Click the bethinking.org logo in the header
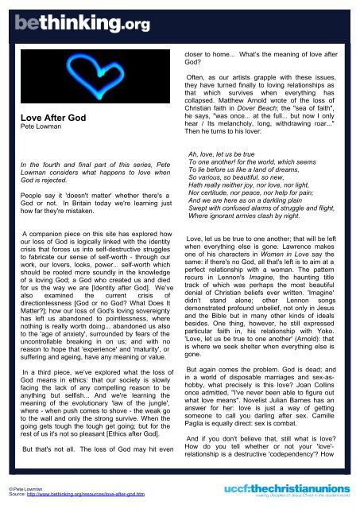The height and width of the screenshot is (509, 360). point(75,24)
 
